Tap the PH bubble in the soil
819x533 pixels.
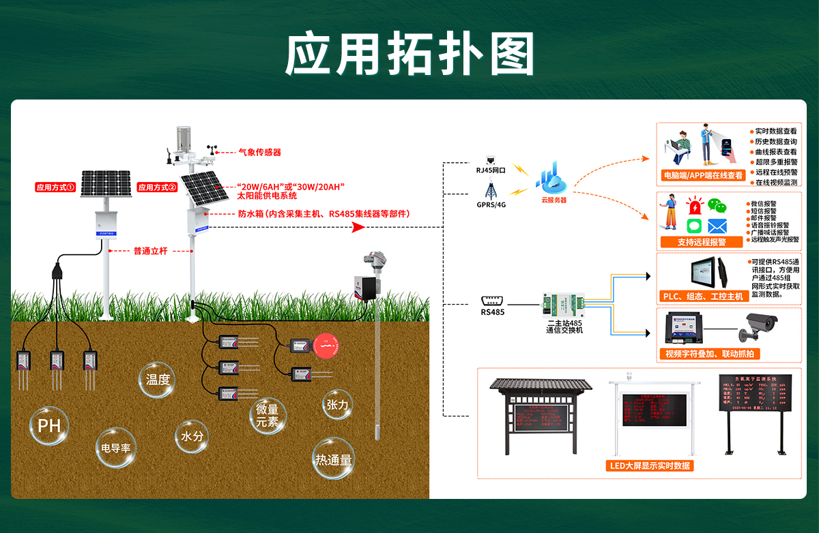(x=49, y=427)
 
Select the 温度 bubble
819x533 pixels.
(x=158, y=380)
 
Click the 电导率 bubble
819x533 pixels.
(x=115, y=448)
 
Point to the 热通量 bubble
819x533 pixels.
(x=333, y=460)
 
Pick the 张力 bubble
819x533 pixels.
(x=337, y=405)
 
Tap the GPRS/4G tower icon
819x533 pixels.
(x=491, y=190)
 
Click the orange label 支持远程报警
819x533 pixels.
(x=701, y=242)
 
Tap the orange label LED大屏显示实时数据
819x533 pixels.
(x=649, y=466)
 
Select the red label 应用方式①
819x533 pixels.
(x=56, y=187)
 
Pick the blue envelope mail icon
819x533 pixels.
(x=717, y=226)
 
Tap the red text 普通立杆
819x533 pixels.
(x=150, y=251)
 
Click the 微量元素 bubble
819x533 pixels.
(x=267, y=415)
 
